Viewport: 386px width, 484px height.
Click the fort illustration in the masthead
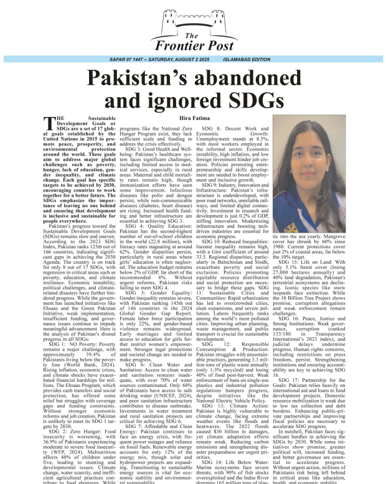(x=192, y=19)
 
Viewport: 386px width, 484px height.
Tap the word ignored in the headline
(x=194, y=102)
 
